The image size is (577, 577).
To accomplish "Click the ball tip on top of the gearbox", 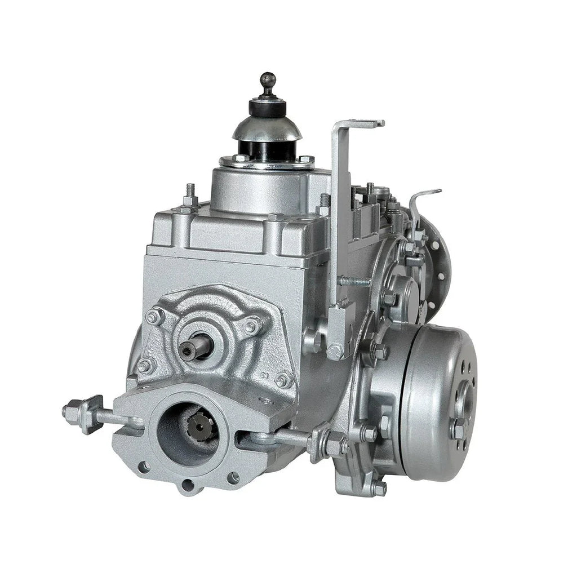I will (268, 80).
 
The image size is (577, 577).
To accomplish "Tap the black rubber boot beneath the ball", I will (267, 107).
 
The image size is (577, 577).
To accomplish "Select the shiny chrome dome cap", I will (267, 128).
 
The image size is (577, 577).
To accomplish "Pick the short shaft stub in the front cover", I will (195, 348).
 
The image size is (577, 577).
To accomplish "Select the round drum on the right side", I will (437, 403).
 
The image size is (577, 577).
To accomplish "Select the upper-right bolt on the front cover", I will (251, 326).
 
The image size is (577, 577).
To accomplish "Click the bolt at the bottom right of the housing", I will (379, 488).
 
